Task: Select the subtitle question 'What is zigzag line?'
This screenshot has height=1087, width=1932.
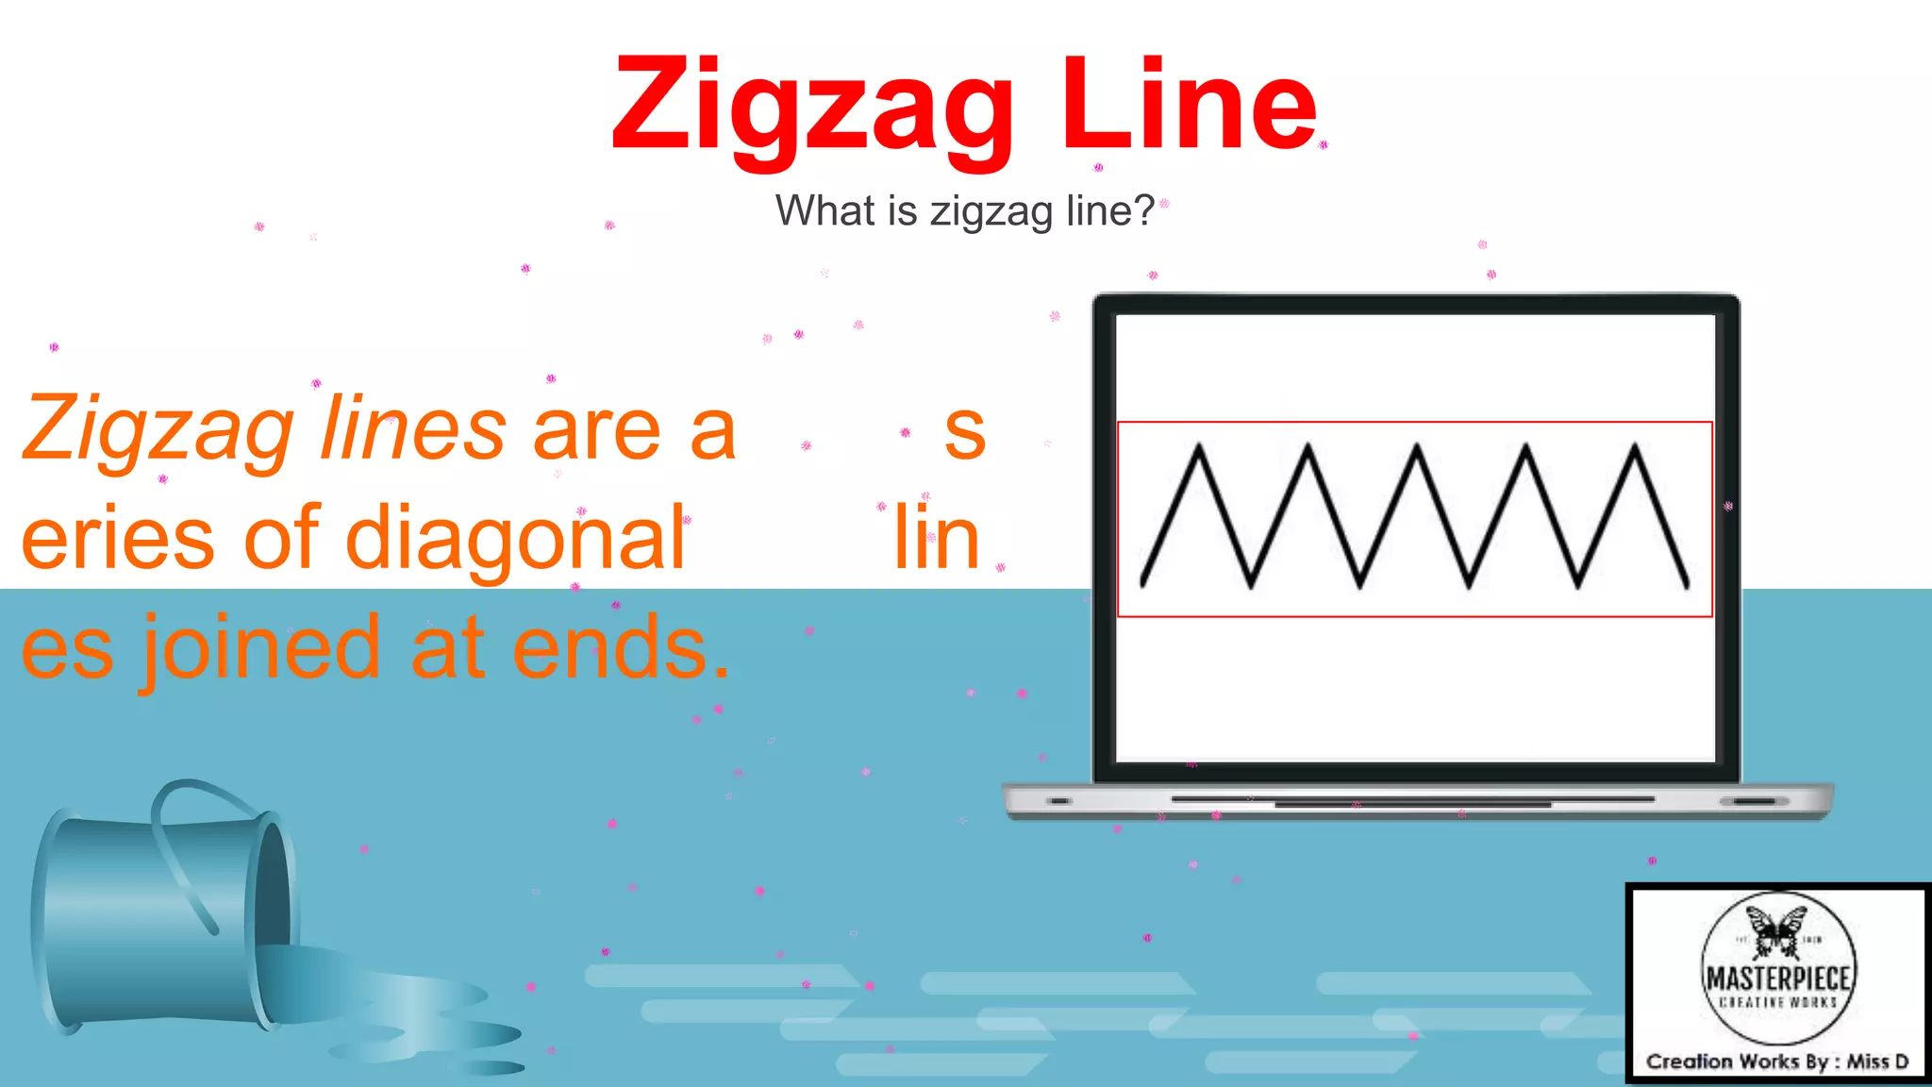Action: [x=964, y=210]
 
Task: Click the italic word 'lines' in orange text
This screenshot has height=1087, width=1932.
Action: [x=413, y=430]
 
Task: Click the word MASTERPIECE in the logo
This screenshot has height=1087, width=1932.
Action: [x=1778, y=978]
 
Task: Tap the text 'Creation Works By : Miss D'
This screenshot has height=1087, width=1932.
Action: [x=1777, y=1062]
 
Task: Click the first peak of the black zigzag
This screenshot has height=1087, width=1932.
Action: [x=1199, y=447]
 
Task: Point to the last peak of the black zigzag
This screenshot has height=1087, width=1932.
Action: [x=1635, y=447]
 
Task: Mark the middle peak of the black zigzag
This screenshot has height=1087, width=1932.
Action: [x=1417, y=447]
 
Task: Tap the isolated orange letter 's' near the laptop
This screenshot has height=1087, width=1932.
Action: [x=965, y=432]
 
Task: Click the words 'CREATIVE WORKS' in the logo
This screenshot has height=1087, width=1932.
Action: [x=1778, y=1002]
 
